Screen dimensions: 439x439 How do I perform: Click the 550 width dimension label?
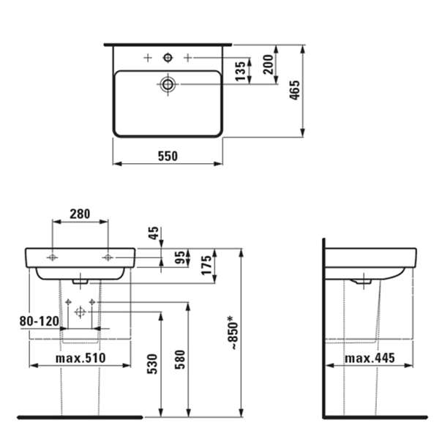[x=168, y=156]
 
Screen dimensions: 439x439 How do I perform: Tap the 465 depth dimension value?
[x=295, y=90]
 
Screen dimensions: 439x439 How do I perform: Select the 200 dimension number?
[x=268, y=64]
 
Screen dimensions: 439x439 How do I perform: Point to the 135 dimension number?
[x=240, y=72]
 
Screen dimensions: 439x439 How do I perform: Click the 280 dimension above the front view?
[x=80, y=214]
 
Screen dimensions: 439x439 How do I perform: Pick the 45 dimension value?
[x=153, y=233]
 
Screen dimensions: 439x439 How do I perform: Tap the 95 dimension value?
[x=180, y=258]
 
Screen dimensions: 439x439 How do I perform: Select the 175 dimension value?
[x=206, y=265]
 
